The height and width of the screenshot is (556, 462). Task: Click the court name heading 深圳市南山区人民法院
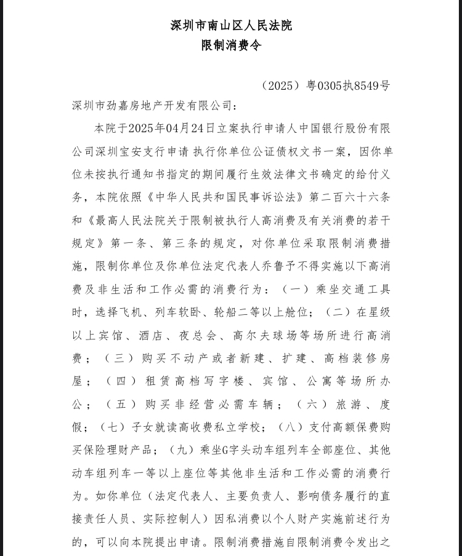[231, 25]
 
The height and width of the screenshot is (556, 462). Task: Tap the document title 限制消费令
[231, 46]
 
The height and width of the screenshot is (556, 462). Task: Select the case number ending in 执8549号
[326, 85]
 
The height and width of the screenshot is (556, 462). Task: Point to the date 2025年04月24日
[166, 129]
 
